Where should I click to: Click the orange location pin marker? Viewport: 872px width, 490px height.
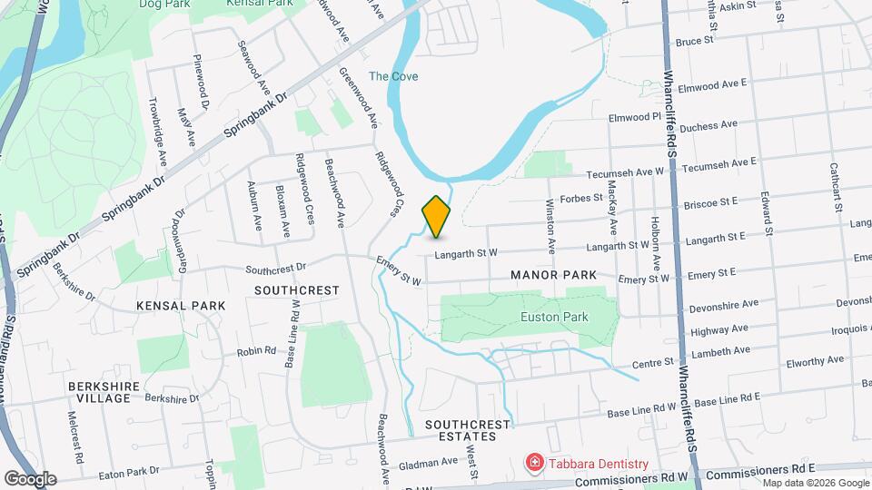click(437, 217)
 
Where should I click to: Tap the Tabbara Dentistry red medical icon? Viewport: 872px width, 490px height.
click(535, 464)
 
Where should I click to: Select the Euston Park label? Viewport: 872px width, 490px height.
click(554, 318)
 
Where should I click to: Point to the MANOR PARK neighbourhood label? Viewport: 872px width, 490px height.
click(553, 274)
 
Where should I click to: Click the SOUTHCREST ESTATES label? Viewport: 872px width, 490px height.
click(461, 430)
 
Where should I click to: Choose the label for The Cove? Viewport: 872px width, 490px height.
click(393, 76)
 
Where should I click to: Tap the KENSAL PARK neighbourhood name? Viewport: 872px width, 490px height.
click(181, 306)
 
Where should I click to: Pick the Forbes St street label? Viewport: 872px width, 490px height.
click(582, 198)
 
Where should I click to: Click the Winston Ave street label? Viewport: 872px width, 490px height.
click(550, 227)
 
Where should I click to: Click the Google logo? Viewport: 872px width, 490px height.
click(30, 478)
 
